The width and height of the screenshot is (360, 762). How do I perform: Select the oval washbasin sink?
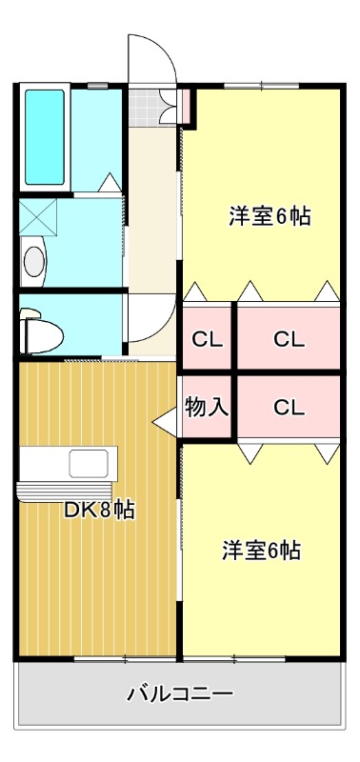[34, 259]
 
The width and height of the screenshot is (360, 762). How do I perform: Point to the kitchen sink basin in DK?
[91, 464]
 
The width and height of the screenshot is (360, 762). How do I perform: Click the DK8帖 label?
[98, 510]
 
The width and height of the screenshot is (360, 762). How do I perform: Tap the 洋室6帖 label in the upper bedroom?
[269, 216]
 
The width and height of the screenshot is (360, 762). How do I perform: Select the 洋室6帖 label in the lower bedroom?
[262, 550]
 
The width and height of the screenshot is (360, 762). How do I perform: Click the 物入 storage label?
[207, 407]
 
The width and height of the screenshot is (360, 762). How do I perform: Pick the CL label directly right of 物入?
[289, 407]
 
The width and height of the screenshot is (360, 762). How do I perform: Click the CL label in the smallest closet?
[207, 338]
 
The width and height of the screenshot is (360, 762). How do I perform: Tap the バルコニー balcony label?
[180, 692]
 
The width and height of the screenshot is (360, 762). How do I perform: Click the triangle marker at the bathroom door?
[110, 182]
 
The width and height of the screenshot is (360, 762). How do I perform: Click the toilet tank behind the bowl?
[26, 327]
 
